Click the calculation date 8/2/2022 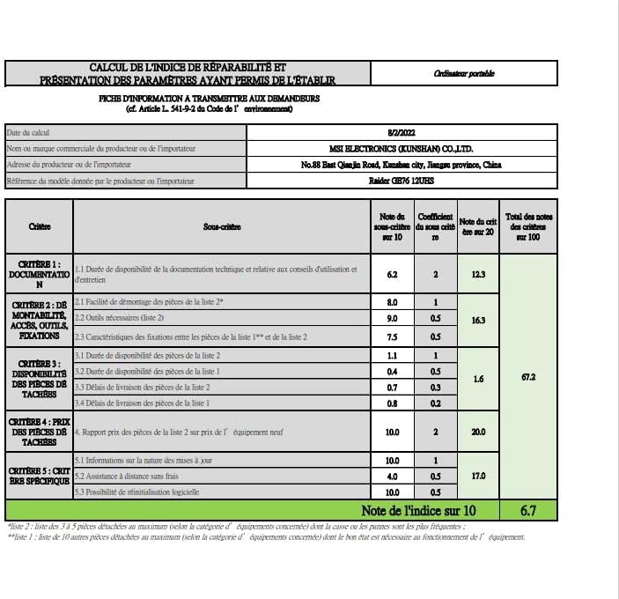point(400,132)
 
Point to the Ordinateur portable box point(464,74)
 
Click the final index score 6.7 point(528,510)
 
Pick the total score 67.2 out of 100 point(528,376)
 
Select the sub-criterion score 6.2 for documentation point(392,274)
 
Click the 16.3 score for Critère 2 point(478,320)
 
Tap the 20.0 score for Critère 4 point(478,432)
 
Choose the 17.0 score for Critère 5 point(478,476)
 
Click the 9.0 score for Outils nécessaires point(392,318)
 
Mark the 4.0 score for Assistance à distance point(392,476)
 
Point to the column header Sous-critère point(221,226)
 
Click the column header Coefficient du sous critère point(435,226)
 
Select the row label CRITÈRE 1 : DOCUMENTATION point(39,274)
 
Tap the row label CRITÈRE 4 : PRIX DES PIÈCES point(39,432)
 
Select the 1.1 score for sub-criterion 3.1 point(392,355)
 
